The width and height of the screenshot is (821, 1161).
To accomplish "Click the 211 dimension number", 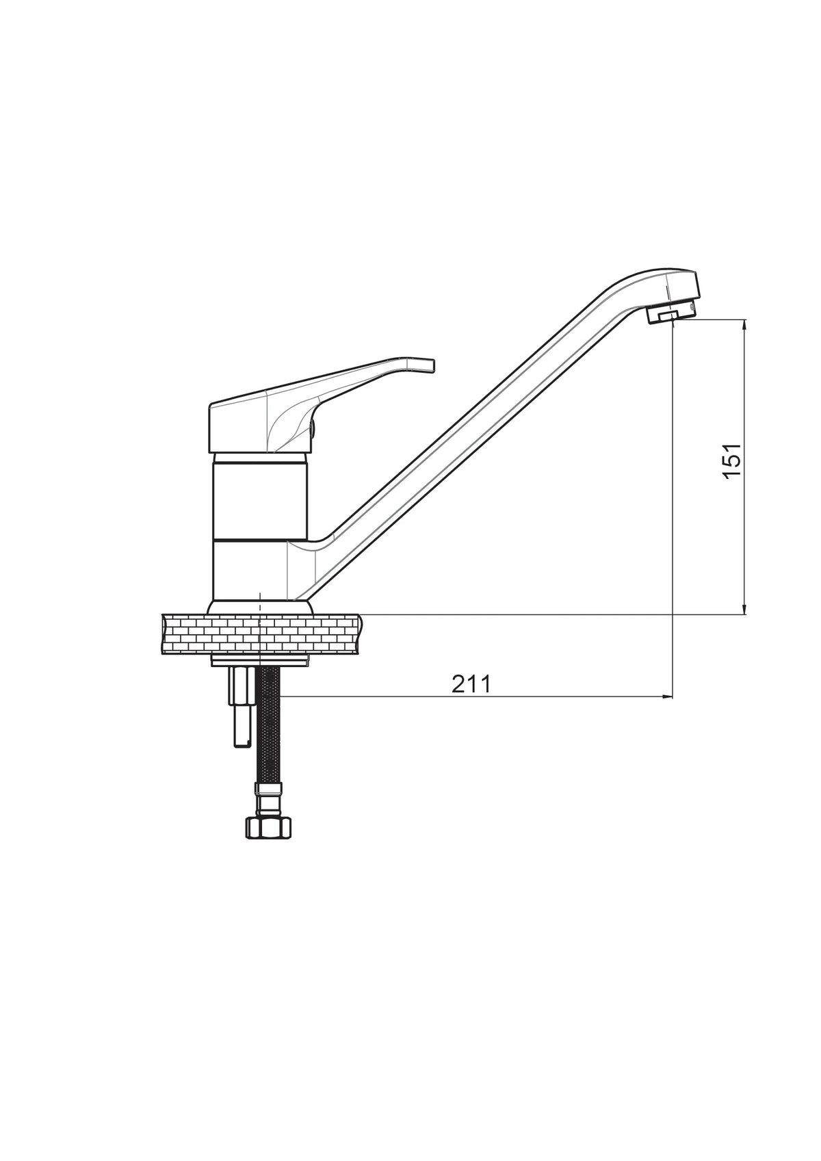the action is (471, 685).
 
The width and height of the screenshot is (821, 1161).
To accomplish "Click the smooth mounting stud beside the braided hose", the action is (241, 707).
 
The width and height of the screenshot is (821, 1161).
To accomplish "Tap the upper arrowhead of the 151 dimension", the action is (745, 325).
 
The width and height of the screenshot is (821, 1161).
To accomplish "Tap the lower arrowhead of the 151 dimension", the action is (745, 608).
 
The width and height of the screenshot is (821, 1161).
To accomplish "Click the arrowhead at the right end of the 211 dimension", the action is (666, 696).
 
